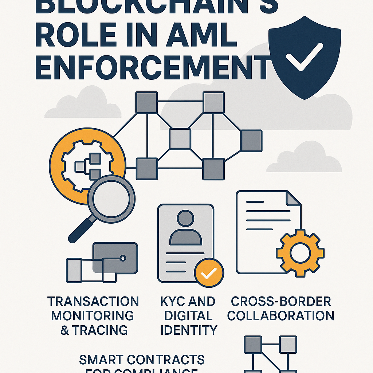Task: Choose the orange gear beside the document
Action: pyautogui.click(x=300, y=252)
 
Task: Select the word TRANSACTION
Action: pyautogui.click(x=93, y=302)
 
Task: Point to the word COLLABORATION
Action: pyautogui.click(x=280, y=315)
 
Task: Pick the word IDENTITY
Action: pyautogui.click(x=189, y=330)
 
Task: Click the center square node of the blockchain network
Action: pyautogui.click(x=180, y=139)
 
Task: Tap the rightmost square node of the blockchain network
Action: pyautogui.click(x=251, y=141)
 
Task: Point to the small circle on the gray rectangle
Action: pyautogui.click(x=123, y=258)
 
